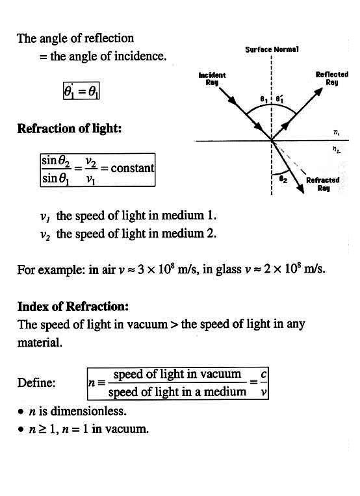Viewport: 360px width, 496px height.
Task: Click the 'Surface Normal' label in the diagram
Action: click(272, 49)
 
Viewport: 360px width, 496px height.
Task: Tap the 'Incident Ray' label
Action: click(212, 79)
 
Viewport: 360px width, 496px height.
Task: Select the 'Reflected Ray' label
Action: click(332, 79)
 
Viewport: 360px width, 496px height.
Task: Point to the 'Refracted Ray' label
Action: click(323, 184)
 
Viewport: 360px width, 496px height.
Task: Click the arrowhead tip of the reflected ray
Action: click(322, 88)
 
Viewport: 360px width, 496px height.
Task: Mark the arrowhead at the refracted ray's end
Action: click(303, 193)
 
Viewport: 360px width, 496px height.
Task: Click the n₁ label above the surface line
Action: click(336, 132)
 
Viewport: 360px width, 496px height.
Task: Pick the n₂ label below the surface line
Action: click(337, 149)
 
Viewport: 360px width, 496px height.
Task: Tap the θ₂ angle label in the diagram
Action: click(283, 179)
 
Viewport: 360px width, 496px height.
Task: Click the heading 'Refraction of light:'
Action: click(70, 129)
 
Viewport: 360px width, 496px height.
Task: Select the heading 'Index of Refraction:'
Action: click(73, 306)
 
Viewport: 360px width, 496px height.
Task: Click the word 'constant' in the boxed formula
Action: click(133, 168)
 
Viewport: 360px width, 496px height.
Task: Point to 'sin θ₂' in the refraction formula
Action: click(56, 161)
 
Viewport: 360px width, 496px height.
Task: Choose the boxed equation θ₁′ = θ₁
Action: click(81, 91)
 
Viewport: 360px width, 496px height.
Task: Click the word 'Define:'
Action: click(36, 383)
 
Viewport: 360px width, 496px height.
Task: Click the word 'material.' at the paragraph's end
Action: click(40, 342)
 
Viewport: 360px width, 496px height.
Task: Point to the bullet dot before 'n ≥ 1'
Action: click(21, 429)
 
